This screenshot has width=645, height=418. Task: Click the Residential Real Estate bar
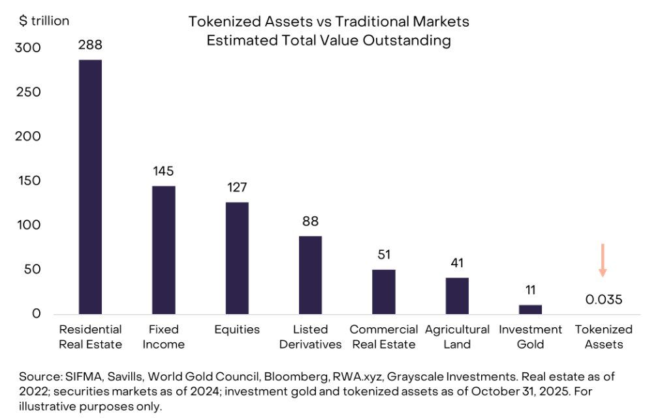coord(90,186)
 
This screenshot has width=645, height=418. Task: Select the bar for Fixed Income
coord(163,249)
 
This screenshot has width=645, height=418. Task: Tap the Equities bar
coord(237,258)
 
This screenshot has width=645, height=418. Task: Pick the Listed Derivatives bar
coord(310,275)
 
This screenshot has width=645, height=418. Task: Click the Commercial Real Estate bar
coord(384,291)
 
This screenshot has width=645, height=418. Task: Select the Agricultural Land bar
coord(457,296)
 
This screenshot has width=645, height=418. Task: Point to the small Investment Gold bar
coord(530,309)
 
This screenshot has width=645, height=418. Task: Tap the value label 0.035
coord(603,300)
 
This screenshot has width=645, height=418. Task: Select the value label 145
coord(163,171)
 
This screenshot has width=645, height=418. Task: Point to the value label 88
coord(310,221)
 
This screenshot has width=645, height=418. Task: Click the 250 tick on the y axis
coord(28,92)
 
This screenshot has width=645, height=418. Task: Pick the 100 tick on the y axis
coord(28,225)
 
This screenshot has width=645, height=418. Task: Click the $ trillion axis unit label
coord(44,21)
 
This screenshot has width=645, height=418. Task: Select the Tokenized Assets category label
coord(604,337)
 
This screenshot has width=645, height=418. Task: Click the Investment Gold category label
coord(530,337)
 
